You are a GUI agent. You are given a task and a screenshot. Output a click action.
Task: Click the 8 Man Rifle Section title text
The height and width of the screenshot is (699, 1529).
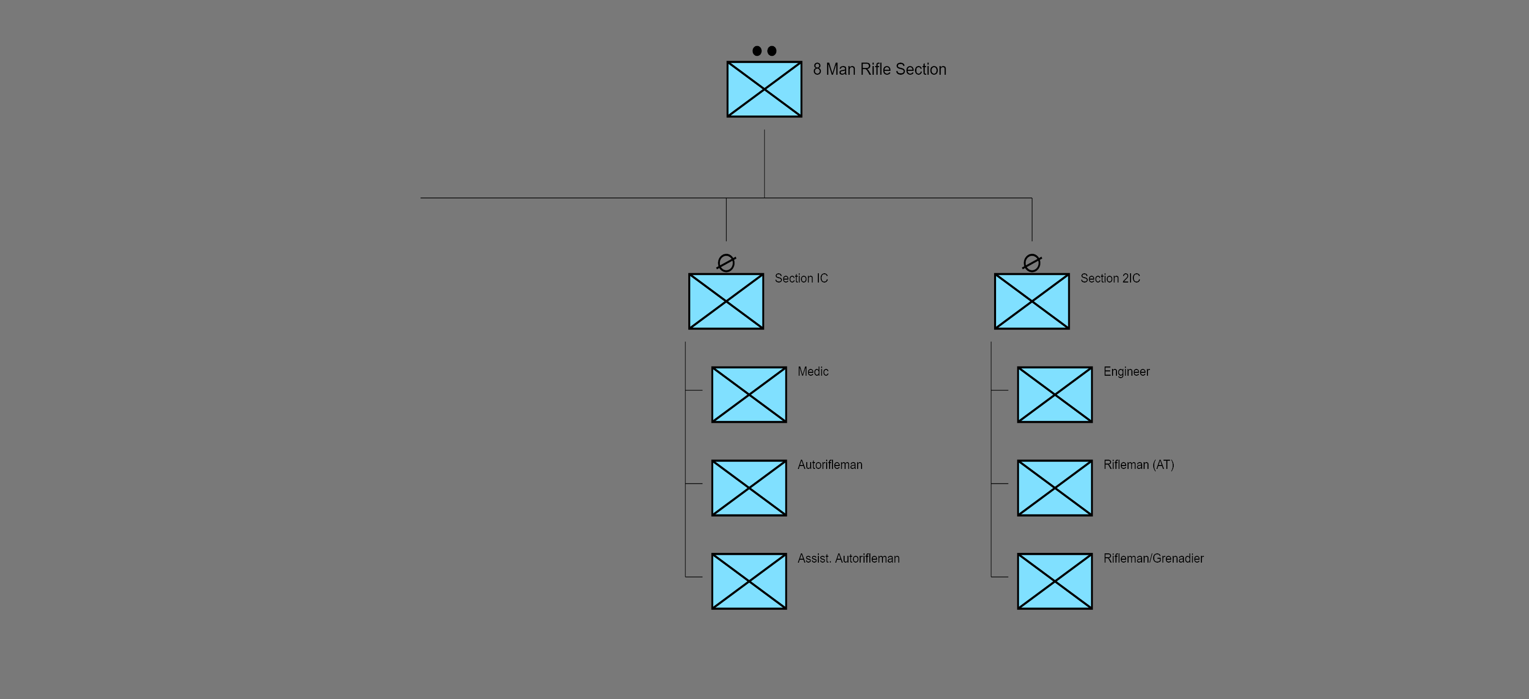tap(879, 69)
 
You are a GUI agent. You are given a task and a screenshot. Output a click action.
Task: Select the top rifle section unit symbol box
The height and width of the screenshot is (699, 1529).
tap(764, 89)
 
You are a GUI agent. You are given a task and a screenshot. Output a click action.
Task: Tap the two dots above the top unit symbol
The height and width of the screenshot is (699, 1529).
tap(764, 51)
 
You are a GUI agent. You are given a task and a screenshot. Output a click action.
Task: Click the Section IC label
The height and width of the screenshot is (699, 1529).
tap(801, 278)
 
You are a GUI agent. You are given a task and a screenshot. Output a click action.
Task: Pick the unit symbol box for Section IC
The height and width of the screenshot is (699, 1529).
tap(726, 301)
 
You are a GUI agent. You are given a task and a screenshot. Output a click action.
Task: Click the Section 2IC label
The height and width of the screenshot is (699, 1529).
tap(1110, 278)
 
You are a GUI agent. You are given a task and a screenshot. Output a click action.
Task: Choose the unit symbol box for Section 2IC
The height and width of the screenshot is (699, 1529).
tap(1031, 301)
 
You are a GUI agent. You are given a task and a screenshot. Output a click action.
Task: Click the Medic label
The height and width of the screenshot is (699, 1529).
tap(813, 371)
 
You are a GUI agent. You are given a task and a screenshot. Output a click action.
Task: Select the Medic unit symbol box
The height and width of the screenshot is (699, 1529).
tap(749, 395)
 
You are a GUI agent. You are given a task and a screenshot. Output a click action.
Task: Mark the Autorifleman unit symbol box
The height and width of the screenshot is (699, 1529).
tap(749, 488)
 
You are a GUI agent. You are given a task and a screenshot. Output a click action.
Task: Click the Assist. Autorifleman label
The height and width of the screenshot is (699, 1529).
tap(848, 558)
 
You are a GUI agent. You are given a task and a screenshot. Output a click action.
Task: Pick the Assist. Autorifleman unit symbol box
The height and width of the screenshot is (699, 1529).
tap(749, 581)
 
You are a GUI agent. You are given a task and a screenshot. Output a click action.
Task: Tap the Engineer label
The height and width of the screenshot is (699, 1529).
tap(1126, 371)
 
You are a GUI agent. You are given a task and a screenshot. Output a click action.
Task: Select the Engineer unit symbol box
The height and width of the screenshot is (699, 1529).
tap(1055, 395)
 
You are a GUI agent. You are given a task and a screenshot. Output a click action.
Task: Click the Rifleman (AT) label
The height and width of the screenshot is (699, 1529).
tap(1138, 465)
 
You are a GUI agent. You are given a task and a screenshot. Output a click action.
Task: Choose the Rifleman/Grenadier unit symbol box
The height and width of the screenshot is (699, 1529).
tap(1055, 581)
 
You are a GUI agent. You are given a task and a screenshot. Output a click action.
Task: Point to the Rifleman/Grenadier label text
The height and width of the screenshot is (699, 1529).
tap(1153, 558)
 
